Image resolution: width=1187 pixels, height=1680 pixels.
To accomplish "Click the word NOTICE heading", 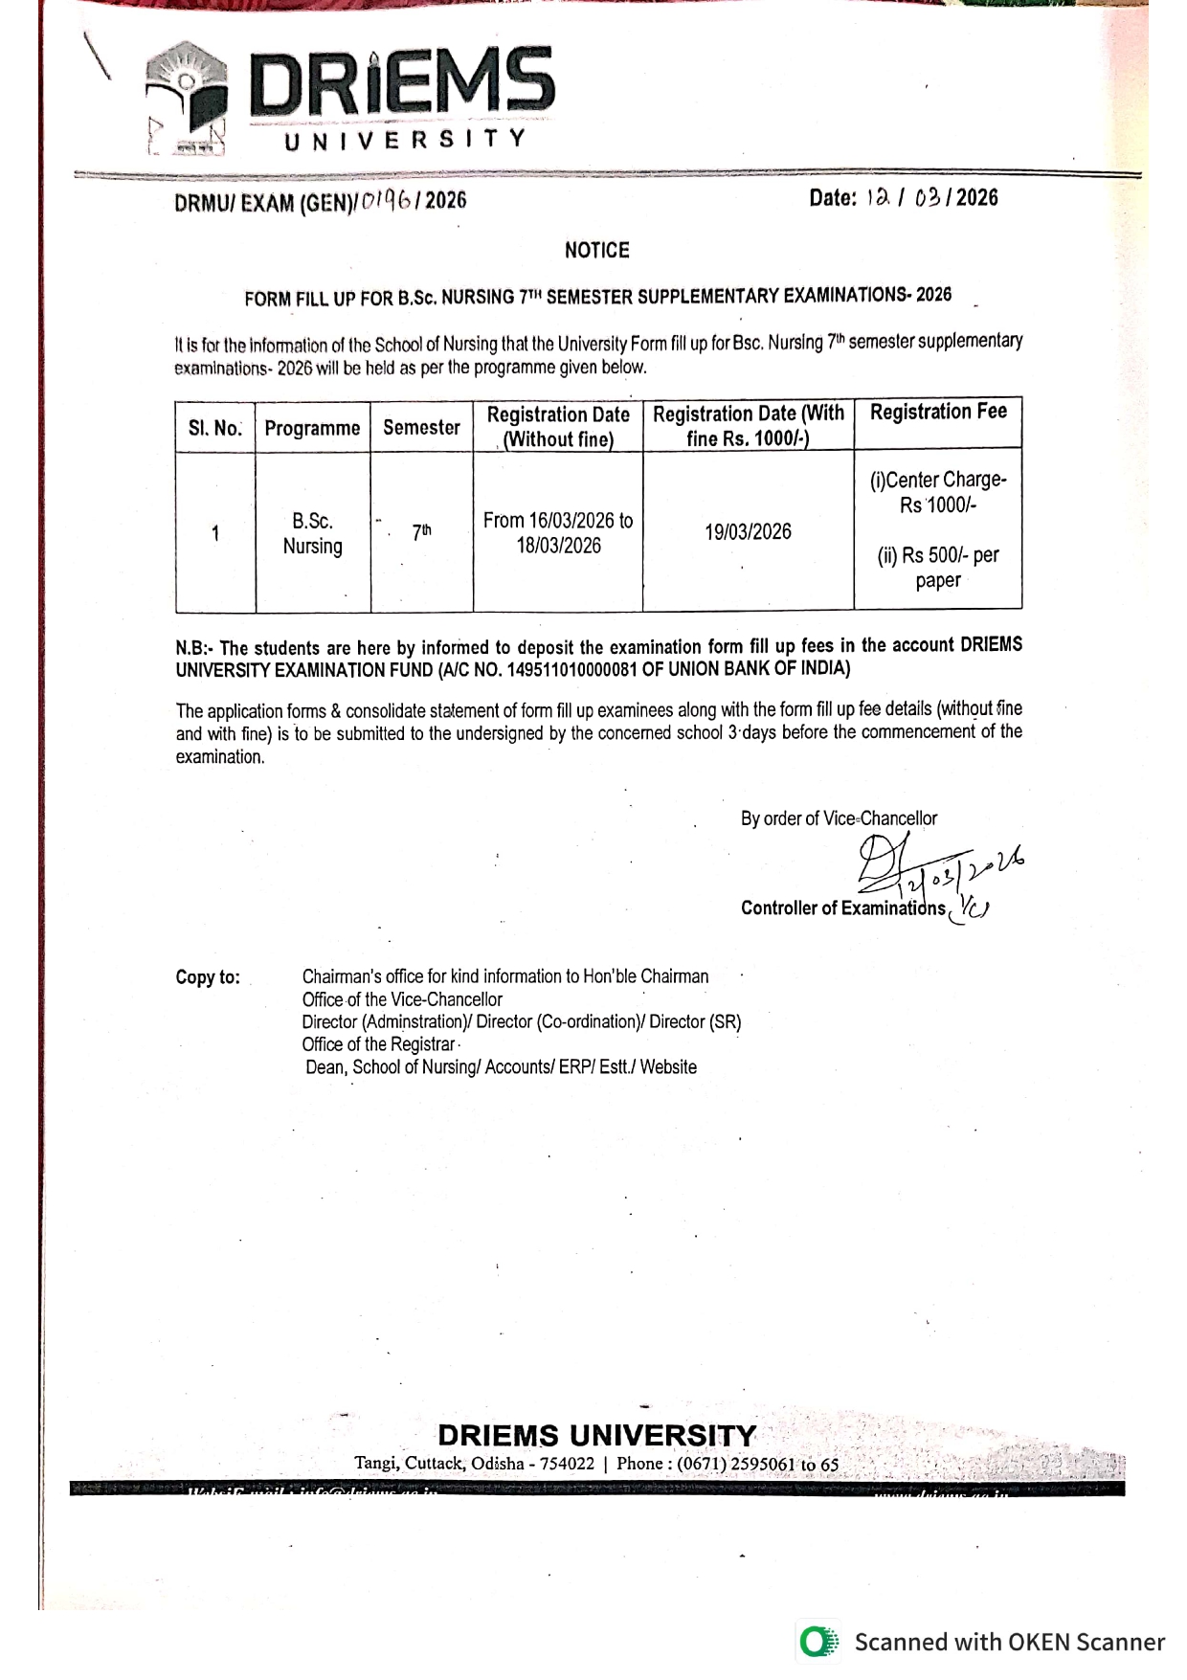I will [x=596, y=251].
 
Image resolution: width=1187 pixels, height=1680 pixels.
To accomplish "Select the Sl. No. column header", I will [x=215, y=428].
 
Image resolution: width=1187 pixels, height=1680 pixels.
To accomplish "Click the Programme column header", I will [x=312, y=428].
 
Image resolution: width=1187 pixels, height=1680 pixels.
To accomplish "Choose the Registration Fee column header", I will [x=938, y=413].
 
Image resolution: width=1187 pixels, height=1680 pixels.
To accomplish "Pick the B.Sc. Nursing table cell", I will [x=312, y=533].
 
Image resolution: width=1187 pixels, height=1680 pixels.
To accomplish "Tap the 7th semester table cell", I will [x=421, y=532].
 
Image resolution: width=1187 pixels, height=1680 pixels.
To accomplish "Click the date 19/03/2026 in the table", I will [x=748, y=532].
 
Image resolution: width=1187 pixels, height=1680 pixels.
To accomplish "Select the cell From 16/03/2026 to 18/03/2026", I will [x=558, y=533].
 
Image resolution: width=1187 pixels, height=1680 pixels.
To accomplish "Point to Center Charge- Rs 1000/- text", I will [x=938, y=492].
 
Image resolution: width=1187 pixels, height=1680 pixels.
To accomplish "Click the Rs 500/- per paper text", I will [x=938, y=568].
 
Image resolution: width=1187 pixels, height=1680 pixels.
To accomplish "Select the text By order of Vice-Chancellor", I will [x=839, y=818].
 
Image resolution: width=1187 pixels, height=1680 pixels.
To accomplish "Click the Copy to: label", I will [x=208, y=977].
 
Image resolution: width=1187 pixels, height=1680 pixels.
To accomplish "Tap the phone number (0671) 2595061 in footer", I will [x=735, y=1464].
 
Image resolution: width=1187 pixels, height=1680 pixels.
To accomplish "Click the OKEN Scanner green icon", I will [x=817, y=1642].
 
